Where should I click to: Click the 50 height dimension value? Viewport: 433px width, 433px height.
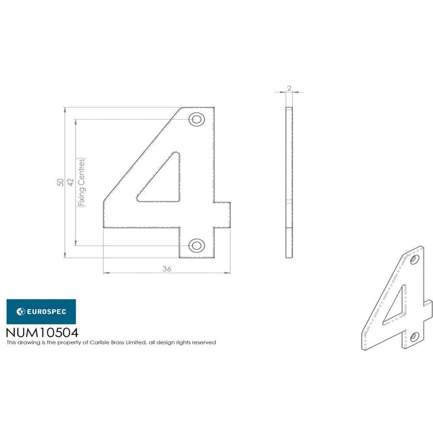(60, 182)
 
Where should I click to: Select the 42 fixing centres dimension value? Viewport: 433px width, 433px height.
(70, 182)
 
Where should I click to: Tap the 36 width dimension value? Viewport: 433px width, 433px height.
(167, 269)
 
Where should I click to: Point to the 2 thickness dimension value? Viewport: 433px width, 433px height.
(289, 88)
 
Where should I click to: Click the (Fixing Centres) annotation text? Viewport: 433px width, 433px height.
(81, 182)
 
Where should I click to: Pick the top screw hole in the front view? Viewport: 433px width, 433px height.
(197, 120)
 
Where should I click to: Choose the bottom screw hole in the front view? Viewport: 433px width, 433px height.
(197, 245)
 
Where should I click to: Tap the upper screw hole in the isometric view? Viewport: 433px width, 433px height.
(414, 260)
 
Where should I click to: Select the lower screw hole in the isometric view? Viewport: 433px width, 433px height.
(414, 337)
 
